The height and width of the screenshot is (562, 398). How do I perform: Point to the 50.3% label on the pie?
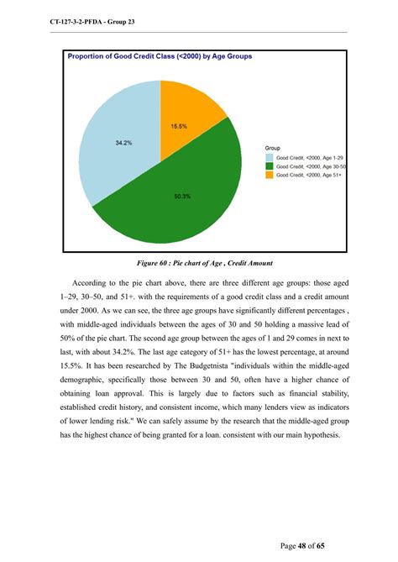pyautogui.click(x=182, y=197)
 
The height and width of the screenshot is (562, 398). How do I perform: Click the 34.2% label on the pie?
pyautogui.click(x=123, y=143)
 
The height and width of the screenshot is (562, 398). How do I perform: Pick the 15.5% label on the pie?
pyautogui.click(x=179, y=126)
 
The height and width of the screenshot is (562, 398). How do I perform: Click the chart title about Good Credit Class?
pyautogui.click(x=160, y=57)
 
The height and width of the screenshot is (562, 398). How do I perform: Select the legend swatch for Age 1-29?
pyautogui.click(x=269, y=157)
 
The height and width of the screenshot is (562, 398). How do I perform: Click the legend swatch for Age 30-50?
pyautogui.click(x=269, y=166)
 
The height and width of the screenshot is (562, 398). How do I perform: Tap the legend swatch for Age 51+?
pyautogui.click(x=269, y=175)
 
